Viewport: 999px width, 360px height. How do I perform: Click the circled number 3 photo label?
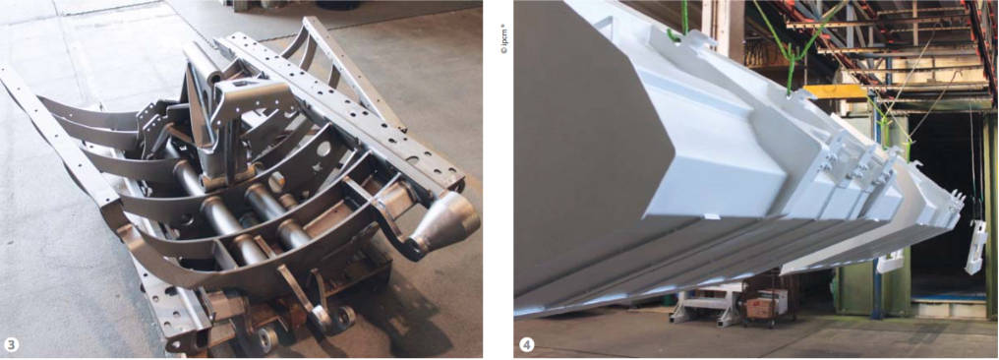pos(12,345)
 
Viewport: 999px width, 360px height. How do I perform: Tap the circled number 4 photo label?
pos(526,345)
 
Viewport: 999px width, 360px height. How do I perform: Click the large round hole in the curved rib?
pos(323,149)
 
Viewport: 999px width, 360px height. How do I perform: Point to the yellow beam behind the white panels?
pos(836,91)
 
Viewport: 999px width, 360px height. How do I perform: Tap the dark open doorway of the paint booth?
pos(944,204)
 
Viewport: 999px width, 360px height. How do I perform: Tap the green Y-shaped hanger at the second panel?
pos(790,64)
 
